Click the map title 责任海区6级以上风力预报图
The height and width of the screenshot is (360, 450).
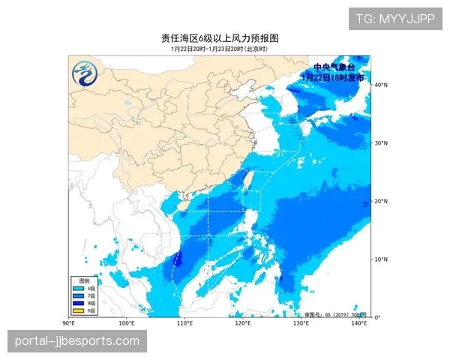[x=224, y=38]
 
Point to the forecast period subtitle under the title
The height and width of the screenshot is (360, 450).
[x=219, y=49]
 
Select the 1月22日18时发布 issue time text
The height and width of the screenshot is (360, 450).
[x=333, y=77]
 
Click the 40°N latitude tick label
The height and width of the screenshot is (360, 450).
[x=381, y=85]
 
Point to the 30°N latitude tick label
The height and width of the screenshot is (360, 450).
[x=381, y=143]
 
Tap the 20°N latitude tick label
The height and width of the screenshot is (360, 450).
[x=381, y=201]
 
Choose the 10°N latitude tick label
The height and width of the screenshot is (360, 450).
[x=381, y=259]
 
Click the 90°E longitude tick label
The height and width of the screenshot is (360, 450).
[x=68, y=323]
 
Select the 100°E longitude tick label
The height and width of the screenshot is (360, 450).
[x=126, y=323]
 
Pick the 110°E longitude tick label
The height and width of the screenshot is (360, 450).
[x=184, y=323]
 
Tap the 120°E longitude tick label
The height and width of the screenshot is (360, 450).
[x=243, y=323]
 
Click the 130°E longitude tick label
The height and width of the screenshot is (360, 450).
[x=301, y=323]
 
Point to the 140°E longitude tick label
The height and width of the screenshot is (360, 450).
[x=359, y=323]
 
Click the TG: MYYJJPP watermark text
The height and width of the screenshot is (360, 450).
[x=395, y=18]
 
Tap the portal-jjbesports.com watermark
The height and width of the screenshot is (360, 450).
[x=77, y=341]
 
